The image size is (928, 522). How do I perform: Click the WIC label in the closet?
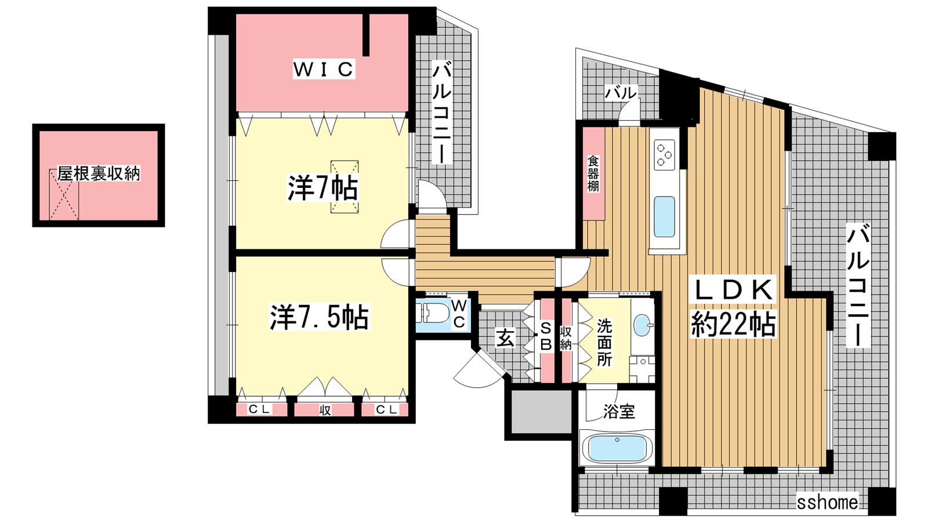tap(324, 69)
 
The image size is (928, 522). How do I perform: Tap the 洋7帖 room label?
tap(322, 188)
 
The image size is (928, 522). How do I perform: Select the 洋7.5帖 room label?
tap(319, 317)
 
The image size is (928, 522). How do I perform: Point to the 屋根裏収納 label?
tap(99, 173)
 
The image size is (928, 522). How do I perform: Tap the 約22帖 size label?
tap(733, 324)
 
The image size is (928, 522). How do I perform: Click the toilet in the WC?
tap(433, 313)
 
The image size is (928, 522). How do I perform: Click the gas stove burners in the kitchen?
tap(664, 155)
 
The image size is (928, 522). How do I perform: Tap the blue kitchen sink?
tap(664, 217)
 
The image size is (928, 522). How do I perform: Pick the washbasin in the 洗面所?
tap(643, 325)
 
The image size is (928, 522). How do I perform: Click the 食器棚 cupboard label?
tap(593, 173)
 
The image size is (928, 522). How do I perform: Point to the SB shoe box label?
tap(546, 336)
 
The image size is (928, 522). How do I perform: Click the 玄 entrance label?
tap(506, 338)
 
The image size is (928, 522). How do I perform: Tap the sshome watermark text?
tap(827, 502)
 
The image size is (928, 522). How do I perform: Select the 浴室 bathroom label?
tap(619, 411)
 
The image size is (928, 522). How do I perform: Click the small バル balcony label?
tap(621, 93)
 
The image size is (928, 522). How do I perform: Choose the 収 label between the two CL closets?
tap(325, 410)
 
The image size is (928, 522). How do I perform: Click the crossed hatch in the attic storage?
tap(64, 194)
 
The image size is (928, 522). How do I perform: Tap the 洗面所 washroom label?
tap(604, 342)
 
